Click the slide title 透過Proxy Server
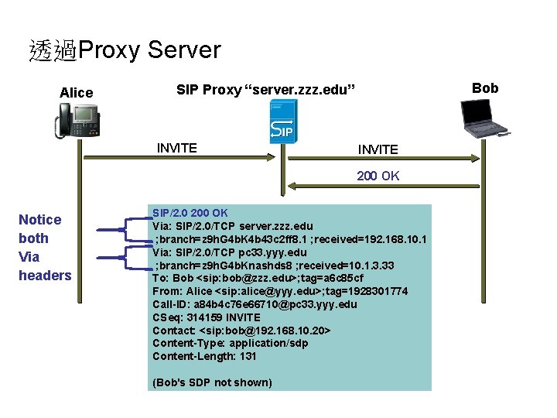125,51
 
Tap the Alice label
76,93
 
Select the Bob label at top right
485,88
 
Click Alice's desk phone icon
78,121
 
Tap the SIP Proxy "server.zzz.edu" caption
265,91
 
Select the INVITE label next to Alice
176,148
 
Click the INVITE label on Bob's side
378,149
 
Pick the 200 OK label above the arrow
378,176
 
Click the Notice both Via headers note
45,248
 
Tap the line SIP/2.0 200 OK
190,212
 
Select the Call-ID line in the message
255,304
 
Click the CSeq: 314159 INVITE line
207,317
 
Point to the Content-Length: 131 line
204,356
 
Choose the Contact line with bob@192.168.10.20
242,331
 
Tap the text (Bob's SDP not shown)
212,382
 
